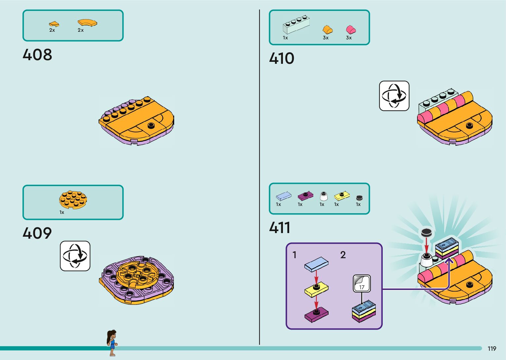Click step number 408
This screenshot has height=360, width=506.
click(37, 55)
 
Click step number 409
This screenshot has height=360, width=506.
click(37, 233)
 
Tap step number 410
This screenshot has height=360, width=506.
click(282, 59)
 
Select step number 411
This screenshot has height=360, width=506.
click(280, 228)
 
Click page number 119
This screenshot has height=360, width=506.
click(492, 349)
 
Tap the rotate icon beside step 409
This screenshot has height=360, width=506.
click(75, 256)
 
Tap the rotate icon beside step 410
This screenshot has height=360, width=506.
click(394, 96)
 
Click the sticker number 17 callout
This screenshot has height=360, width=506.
click(362, 284)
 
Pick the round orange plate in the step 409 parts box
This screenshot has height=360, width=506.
click(73, 199)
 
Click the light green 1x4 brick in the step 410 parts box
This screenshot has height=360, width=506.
click(296, 24)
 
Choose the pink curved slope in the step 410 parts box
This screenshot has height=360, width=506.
click(351, 29)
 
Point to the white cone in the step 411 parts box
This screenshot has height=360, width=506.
click(324, 196)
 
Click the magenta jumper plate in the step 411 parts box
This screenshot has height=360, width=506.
click(305, 196)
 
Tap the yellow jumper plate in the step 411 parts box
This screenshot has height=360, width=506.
click(342, 196)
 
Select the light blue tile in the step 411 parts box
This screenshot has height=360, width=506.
click(284, 196)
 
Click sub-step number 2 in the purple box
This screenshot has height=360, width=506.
click(343, 255)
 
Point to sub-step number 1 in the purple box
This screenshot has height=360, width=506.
click(294, 255)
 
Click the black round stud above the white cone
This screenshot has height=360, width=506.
click(426, 232)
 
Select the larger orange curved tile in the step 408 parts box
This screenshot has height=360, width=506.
click(87, 22)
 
